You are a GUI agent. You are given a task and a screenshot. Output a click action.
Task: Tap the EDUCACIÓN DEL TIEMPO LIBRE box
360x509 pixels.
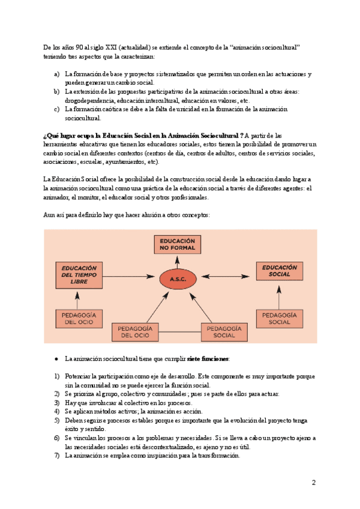coord(76,274)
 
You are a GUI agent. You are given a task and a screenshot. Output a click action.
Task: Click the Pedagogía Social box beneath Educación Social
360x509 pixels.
coord(280,318)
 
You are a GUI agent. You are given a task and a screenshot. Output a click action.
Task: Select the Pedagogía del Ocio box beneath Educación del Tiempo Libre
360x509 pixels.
coord(76,318)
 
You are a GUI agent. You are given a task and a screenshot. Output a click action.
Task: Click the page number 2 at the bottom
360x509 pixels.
coord(313,483)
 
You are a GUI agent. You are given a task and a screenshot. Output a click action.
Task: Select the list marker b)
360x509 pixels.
coord(56,91)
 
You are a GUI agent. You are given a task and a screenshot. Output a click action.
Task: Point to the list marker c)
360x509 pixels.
coord(56,109)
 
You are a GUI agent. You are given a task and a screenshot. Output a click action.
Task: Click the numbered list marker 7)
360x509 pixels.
coord(57,455)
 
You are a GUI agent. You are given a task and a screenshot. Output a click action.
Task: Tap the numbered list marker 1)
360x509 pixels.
coord(57,376)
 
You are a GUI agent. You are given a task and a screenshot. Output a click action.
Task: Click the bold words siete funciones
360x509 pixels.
coord(208,358)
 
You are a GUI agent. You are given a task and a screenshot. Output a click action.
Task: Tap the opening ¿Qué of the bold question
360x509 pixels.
coord(50,136)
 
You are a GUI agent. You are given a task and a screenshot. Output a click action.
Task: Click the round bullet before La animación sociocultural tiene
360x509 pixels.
coord(56,358)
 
